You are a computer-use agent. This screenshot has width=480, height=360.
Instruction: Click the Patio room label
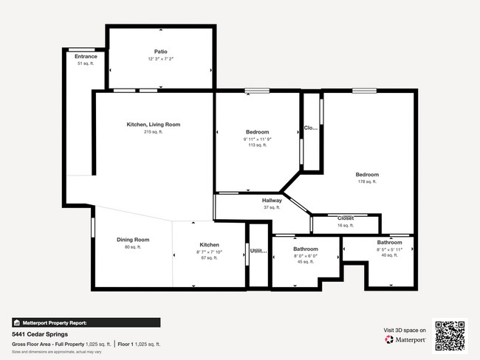[160, 52]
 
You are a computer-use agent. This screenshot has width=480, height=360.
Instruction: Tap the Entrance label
[86, 56]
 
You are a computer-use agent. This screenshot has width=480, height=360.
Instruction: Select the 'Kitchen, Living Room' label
[153, 125]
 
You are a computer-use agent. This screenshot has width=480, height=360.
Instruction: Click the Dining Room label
[133, 240]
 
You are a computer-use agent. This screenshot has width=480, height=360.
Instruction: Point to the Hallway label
[272, 201]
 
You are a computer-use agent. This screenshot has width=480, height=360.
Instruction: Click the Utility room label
[258, 252]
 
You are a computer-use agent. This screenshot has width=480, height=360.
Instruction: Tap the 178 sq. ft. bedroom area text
[367, 181]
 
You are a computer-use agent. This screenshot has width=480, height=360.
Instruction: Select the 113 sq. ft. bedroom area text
[257, 145]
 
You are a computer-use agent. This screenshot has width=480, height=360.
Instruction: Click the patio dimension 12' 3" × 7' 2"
[160, 59]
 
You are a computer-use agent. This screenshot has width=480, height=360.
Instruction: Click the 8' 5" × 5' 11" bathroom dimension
[390, 249]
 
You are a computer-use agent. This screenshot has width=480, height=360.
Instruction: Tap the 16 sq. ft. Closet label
[346, 225]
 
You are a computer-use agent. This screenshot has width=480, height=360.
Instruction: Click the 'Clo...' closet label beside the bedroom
[311, 128]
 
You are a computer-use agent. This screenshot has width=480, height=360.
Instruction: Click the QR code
[450, 335]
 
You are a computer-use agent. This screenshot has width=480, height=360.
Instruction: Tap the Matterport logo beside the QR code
[405, 340]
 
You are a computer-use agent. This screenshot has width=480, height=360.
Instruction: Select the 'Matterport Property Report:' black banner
[85, 322]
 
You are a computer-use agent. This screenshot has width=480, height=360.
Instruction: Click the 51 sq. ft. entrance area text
[86, 63]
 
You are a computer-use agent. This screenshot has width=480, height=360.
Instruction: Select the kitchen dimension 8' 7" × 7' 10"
[209, 252]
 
